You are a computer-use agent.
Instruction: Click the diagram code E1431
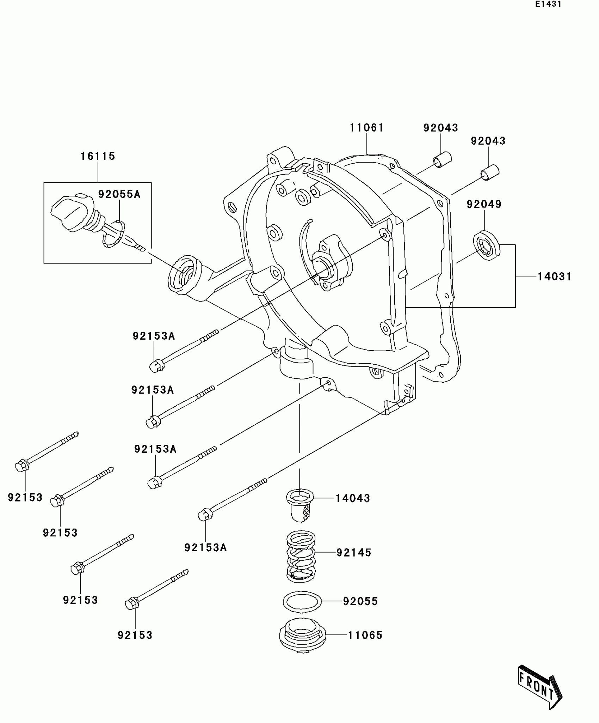[548, 5]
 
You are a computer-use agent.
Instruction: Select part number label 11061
[366, 128]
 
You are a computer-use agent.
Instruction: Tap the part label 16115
[98, 156]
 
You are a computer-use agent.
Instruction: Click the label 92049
[484, 204]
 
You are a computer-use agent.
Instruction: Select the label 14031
[554, 277]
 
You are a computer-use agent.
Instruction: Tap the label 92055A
[119, 194]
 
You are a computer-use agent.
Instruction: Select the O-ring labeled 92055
[302, 601]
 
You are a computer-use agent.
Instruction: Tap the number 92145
[354, 553]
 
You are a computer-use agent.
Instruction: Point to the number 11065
[365, 636]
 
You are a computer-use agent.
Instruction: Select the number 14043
[352, 498]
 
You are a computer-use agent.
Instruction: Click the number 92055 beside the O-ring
[360, 601]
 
